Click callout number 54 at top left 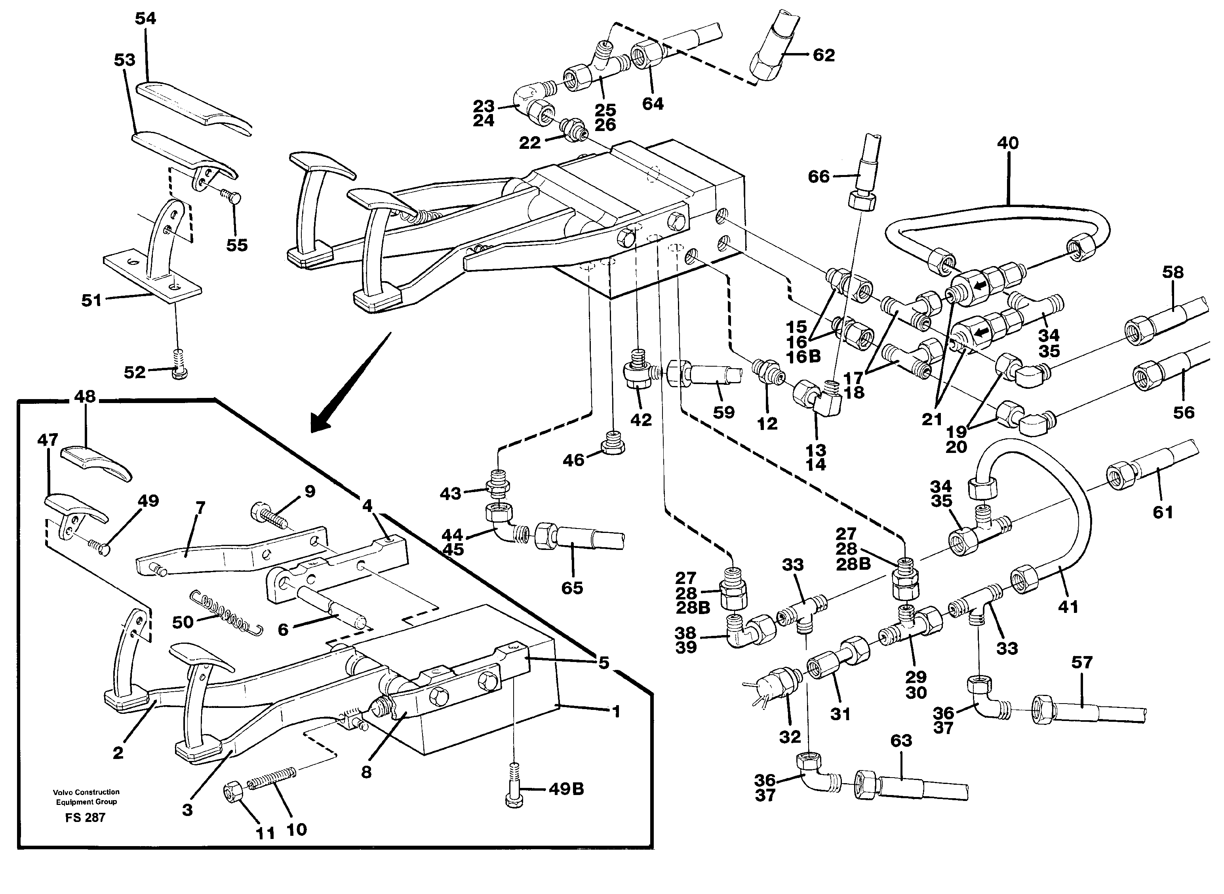[145, 19]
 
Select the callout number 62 [824, 55]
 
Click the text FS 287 [85, 818]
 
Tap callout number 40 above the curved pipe [1007, 143]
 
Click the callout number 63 [901, 741]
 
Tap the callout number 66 [818, 177]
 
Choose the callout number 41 [1068, 607]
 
